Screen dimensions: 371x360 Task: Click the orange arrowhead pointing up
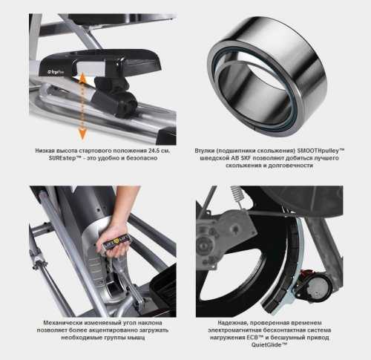click(x=82, y=78)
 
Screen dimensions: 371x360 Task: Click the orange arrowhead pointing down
click(x=82, y=134)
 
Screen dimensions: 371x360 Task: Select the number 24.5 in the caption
click(x=154, y=151)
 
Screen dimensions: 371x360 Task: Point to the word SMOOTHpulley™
click(x=321, y=151)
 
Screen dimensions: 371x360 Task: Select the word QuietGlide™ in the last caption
click(x=269, y=344)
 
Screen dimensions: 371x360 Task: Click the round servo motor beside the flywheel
click(x=318, y=287)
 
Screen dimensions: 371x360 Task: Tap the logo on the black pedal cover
click(x=56, y=73)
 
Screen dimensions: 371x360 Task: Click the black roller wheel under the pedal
click(x=125, y=104)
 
